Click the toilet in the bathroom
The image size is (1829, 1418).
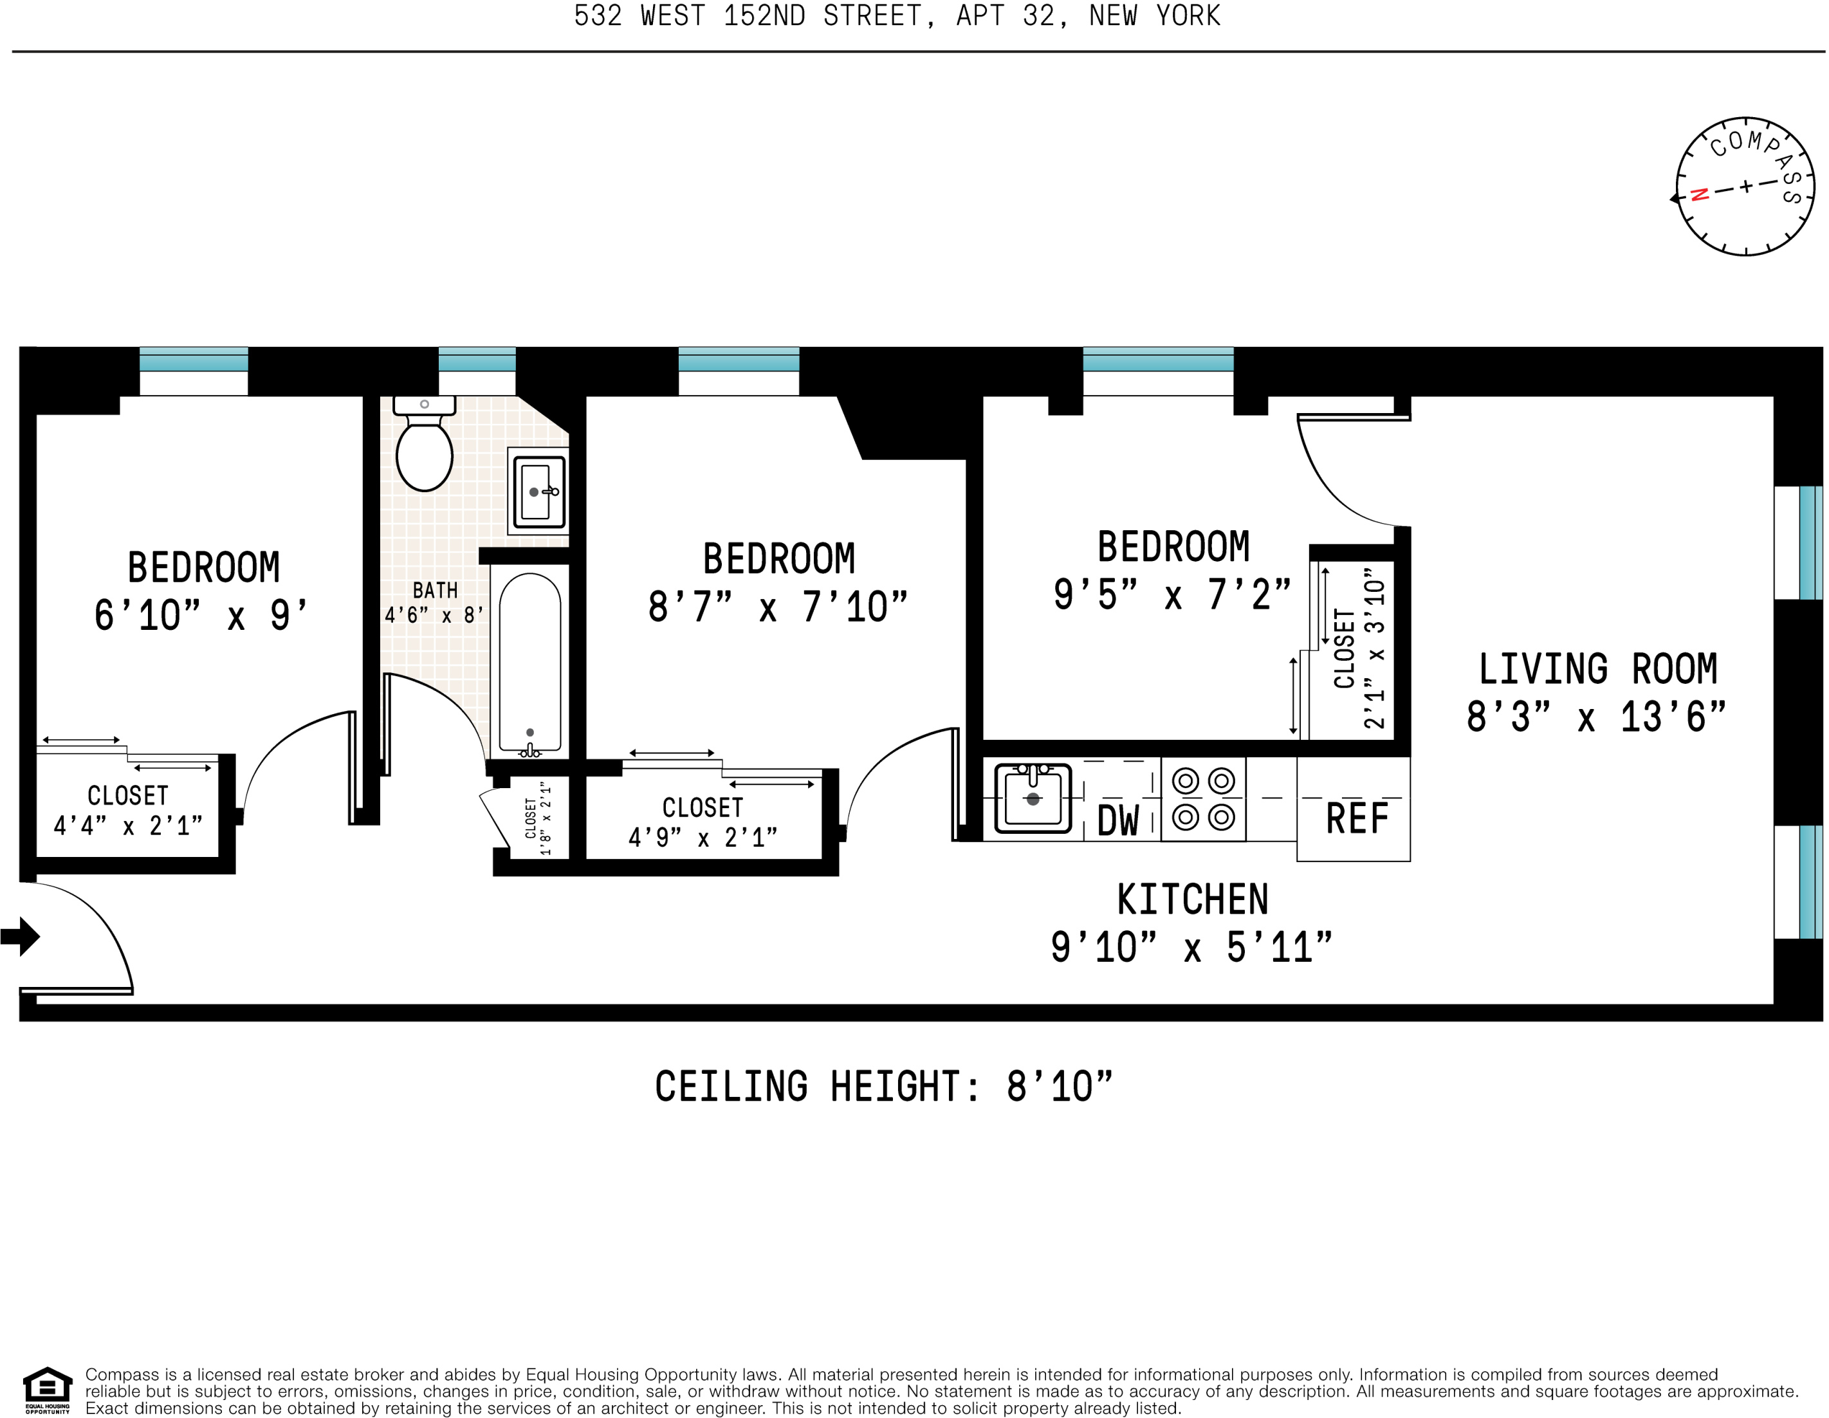[425, 443]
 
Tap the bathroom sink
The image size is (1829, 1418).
[538, 492]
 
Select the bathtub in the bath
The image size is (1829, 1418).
[530, 661]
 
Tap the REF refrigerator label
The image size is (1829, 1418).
[1357, 818]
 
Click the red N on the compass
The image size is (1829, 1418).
[1699, 195]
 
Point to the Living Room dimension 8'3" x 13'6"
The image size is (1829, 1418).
[1596, 717]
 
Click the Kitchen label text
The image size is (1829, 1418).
[1193, 900]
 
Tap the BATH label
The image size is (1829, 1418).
[436, 591]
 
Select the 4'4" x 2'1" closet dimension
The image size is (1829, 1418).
[128, 826]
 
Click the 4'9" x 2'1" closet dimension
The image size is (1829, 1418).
[703, 838]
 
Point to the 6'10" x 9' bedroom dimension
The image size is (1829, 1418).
[201, 616]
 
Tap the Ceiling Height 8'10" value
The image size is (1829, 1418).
[1060, 1087]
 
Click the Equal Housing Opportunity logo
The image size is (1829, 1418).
[48, 1391]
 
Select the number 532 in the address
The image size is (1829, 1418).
[598, 16]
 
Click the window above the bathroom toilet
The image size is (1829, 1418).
[477, 360]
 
